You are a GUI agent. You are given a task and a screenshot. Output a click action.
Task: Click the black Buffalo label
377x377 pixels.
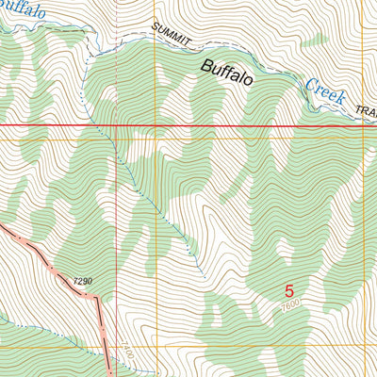[225, 74]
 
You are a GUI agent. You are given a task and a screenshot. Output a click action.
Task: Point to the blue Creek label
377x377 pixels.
[324, 91]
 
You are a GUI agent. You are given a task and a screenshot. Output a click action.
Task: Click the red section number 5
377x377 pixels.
[289, 292]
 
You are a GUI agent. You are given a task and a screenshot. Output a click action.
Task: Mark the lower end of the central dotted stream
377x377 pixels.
[204, 275]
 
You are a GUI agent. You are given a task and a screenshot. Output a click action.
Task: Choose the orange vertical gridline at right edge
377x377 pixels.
[364, 236]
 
